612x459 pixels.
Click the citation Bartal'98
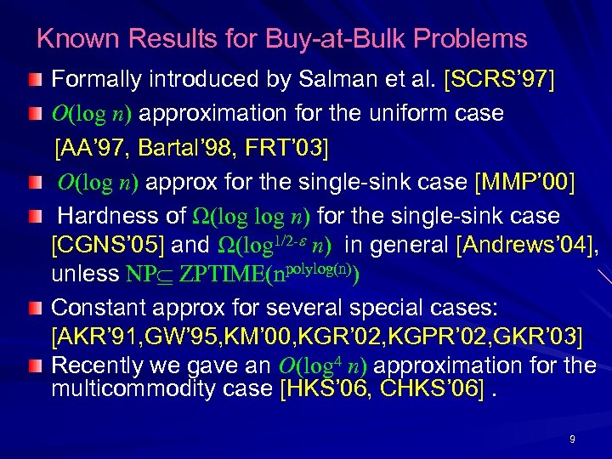tap(171, 150)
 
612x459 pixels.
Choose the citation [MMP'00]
tap(525, 182)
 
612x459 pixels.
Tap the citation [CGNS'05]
tap(108, 246)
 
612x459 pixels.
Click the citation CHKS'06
tap(425, 389)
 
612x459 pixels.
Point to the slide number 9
tap(572, 439)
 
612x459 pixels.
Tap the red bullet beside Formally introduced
tap(33, 82)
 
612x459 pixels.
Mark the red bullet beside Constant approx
tap(33, 308)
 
